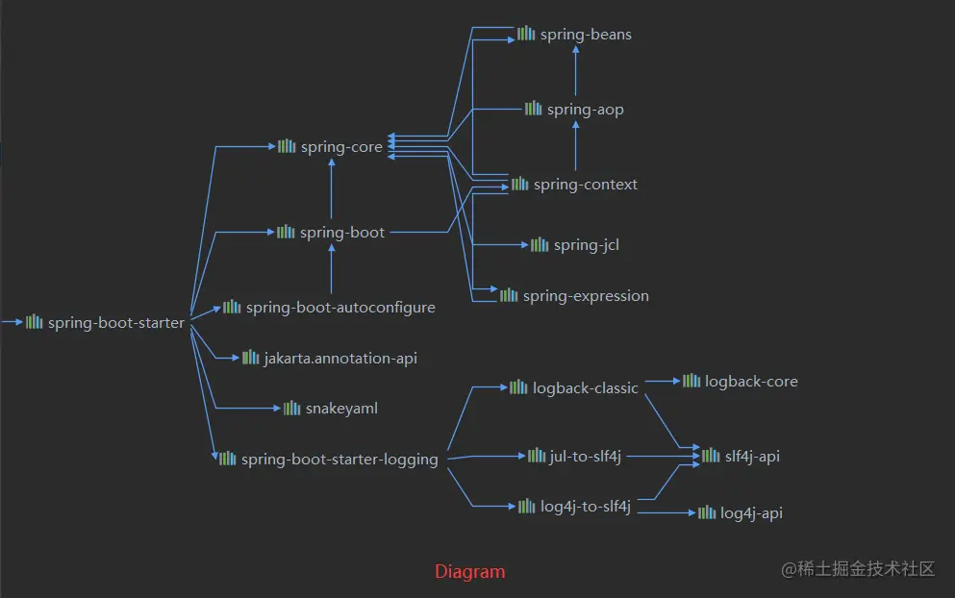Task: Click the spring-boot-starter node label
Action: (x=115, y=323)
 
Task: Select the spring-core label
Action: (x=341, y=147)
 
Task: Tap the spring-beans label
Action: (x=586, y=35)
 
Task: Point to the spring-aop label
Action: (x=585, y=110)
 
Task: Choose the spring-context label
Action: (x=585, y=185)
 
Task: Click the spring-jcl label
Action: (x=586, y=245)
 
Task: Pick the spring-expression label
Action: (x=586, y=296)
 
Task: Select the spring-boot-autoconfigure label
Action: (x=340, y=308)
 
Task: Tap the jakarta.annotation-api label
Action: (x=340, y=359)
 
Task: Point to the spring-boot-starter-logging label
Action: (x=339, y=460)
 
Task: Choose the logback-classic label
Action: (x=586, y=388)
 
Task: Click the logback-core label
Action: (x=751, y=382)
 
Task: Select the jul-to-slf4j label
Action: (x=586, y=456)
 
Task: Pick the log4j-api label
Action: (x=751, y=513)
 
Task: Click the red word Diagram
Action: (x=469, y=572)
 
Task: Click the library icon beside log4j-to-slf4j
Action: (x=526, y=506)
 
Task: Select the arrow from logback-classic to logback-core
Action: (x=662, y=382)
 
